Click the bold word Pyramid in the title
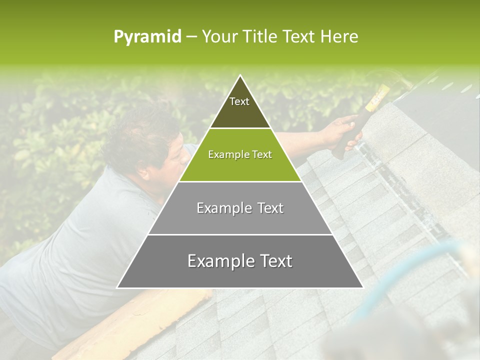[x=147, y=36]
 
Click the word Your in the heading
[x=219, y=36]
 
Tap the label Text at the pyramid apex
[x=239, y=101]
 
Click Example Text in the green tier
[x=240, y=154]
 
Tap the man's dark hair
[x=140, y=135]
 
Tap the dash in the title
[x=191, y=36]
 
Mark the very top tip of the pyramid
[x=240, y=76]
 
